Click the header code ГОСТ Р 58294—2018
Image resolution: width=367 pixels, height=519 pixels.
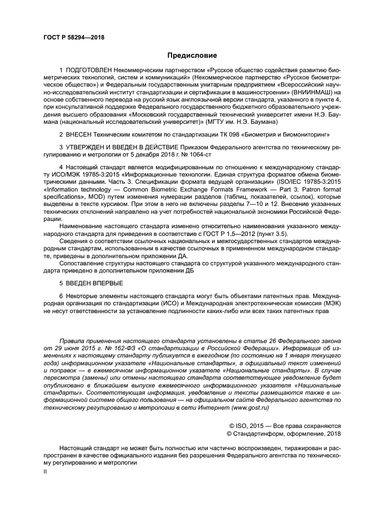coord(74,38)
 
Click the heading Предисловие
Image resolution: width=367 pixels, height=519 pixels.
coord(193,56)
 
